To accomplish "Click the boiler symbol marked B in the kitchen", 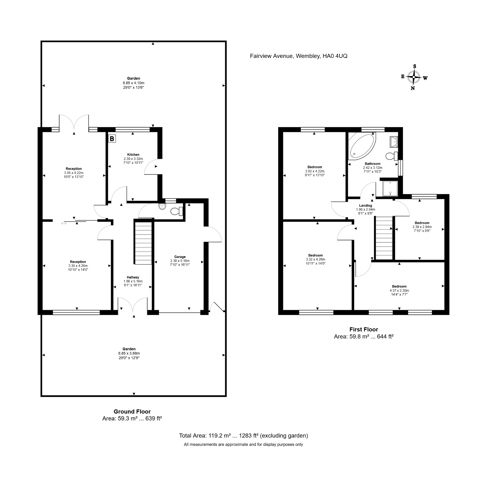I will [x=112, y=139].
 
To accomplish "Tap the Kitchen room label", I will [x=133, y=155].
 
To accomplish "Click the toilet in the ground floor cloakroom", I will [x=177, y=211].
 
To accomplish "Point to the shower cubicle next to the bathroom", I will [x=390, y=188].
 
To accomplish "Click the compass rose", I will [x=414, y=77].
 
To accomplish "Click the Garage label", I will [x=180, y=257].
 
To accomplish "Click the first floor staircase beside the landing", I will [x=384, y=238].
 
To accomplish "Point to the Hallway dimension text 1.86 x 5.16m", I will [x=133, y=281].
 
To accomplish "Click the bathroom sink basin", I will [x=394, y=142].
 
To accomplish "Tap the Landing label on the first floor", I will [x=365, y=205].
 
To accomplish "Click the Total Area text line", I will [x=243, y=435].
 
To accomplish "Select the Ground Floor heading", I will [x=132, y=412].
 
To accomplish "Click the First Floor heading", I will [x=363, y=329].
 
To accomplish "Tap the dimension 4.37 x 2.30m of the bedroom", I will [x=399, y=290].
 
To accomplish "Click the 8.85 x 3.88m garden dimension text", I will [x=129, y=353].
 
